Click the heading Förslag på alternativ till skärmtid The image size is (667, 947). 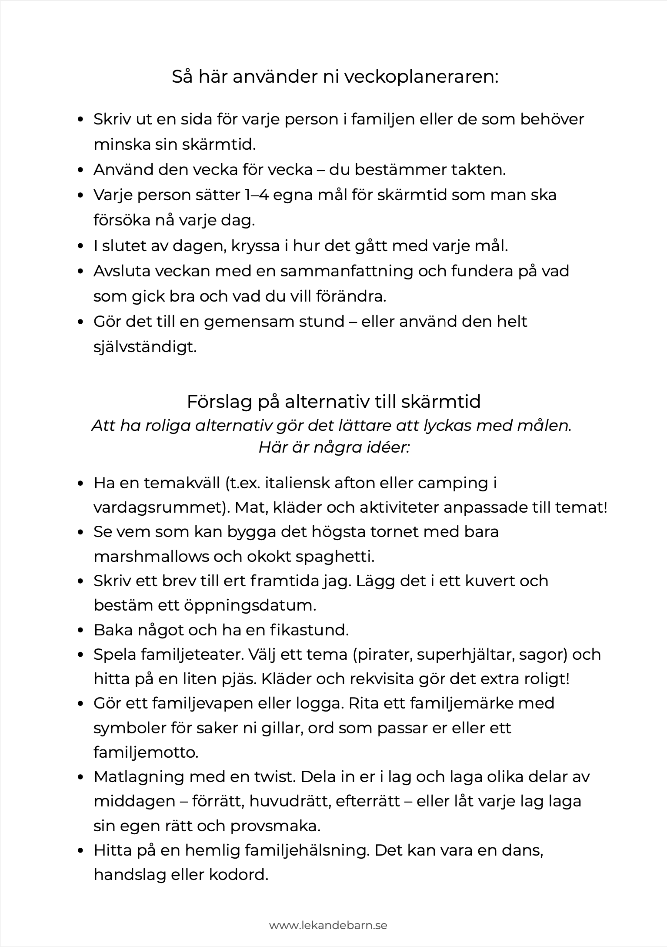coord(333,401)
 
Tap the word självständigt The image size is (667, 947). coord(145,347)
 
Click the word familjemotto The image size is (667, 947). coord(146,752)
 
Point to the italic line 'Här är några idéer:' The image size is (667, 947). coord(333,447)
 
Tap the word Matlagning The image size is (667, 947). coord(138,777)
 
